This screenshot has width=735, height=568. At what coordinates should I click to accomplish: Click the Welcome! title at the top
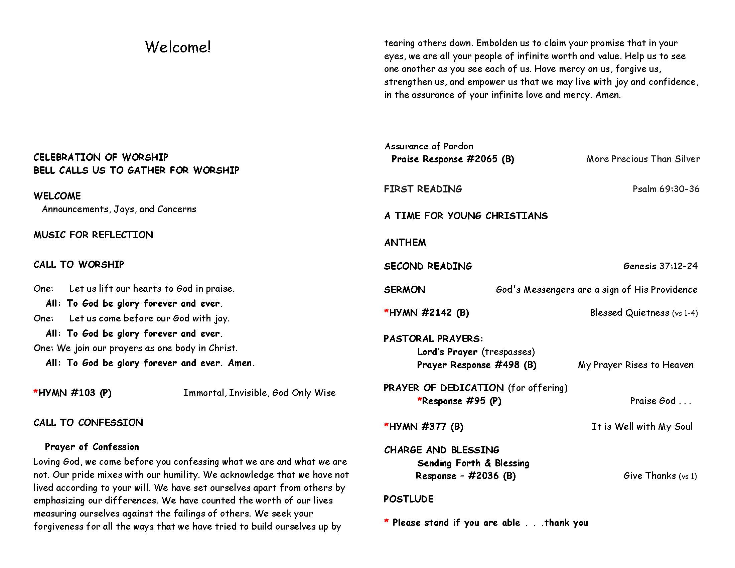178,47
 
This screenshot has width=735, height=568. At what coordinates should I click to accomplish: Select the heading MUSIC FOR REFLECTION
93,235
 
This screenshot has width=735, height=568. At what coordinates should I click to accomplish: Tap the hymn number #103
81,393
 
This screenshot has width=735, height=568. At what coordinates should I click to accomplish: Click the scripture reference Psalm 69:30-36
666,189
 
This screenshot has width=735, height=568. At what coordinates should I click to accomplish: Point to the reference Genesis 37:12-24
660,266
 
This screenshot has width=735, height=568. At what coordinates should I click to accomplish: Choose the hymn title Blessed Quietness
629,313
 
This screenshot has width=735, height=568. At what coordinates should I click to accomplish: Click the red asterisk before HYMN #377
386,425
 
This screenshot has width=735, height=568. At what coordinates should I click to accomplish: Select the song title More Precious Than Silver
643,159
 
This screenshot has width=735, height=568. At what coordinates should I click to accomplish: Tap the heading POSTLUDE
409,499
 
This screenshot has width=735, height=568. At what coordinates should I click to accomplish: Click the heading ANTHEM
405,243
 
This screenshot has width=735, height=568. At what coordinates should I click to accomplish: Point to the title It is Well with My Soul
642,427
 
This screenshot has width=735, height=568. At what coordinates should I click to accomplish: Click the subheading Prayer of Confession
92,446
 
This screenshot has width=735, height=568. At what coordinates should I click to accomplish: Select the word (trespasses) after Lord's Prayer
508,351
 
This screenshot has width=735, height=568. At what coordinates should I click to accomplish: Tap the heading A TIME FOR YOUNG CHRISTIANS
466,216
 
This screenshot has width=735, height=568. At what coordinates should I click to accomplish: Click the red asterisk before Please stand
386,522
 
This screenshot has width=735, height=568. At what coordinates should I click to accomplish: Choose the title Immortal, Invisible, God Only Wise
259,393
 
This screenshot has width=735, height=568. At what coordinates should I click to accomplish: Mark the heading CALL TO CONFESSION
88,423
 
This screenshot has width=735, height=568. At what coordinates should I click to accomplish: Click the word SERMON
405,290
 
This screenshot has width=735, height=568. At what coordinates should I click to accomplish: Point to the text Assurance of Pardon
429,146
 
